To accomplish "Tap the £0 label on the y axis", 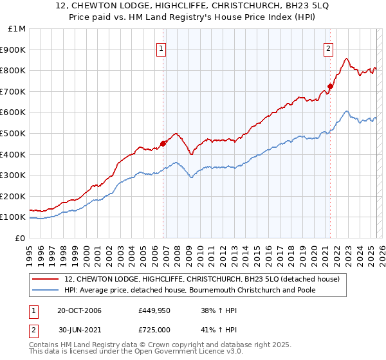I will [x=20, y=238].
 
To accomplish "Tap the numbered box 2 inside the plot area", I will [x=328, y=47].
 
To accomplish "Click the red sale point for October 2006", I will [x=163, y=143].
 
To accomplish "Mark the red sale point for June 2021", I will [x=330, y=86].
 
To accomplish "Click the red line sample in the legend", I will [x=46, y=278].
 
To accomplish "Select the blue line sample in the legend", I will [x=46, y=289].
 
